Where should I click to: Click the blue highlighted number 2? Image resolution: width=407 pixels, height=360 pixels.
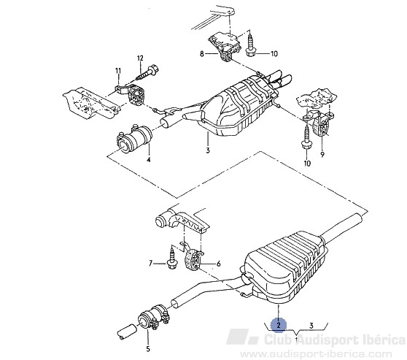point(279,325)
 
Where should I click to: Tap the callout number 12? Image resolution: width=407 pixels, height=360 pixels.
point(140,58)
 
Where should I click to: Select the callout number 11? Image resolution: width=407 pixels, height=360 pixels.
point(118,70)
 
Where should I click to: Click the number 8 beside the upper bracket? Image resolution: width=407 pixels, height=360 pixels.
point(202,54)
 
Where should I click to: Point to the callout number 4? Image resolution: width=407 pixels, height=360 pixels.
point(149,160)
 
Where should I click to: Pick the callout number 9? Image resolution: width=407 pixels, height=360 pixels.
point(322,155)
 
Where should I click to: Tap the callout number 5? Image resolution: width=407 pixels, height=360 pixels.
point(148,349)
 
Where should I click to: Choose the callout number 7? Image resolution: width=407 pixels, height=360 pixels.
point(150,264)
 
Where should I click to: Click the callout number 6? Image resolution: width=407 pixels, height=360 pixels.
point(219,264)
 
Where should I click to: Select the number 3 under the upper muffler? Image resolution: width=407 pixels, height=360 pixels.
point(208,150)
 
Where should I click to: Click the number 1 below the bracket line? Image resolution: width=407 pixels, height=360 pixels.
point(296,339)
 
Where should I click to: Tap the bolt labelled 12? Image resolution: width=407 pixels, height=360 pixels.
point(147,72)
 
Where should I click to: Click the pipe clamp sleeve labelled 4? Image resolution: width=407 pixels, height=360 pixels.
point(134,138)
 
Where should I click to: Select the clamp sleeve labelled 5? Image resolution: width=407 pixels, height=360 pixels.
point(153,318)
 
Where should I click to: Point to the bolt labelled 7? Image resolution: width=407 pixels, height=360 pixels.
point(172,258)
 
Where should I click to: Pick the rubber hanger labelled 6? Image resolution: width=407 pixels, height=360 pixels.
point(193,258)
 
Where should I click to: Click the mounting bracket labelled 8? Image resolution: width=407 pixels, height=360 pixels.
point(225,46)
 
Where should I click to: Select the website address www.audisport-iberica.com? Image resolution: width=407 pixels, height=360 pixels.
point(316,354)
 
